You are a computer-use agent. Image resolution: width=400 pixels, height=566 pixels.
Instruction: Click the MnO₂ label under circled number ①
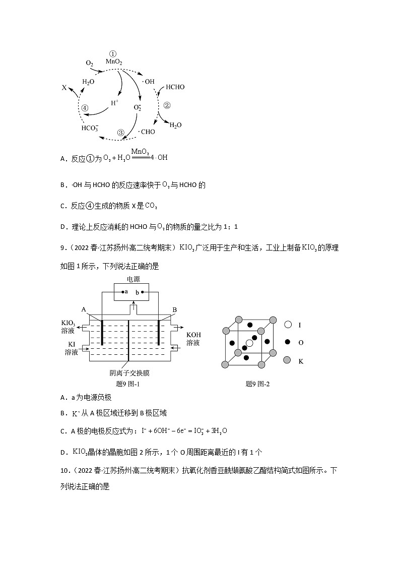click(113, 61)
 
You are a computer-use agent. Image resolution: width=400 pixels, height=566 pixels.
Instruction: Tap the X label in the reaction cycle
click(64, 88)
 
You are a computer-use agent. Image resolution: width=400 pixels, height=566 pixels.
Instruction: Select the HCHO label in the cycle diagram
click(175, 87)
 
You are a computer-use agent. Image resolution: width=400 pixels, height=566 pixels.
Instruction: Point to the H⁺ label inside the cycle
click(115, 102)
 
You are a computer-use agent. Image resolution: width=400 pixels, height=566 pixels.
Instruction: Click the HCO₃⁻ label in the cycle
click(90, 128)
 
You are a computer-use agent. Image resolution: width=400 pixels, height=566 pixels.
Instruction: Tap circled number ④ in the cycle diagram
click(85, 108)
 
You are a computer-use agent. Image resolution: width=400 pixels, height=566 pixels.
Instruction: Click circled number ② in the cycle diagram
click(167, 105)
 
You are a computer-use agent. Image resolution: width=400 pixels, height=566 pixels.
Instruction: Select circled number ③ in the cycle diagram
click(120, 133)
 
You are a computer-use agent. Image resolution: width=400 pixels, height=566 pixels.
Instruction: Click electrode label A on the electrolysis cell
click(84, 309)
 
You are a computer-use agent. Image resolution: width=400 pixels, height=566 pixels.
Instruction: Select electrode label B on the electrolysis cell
click(175, 309)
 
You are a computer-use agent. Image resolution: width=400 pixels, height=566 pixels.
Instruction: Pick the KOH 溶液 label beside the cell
click(193, 339)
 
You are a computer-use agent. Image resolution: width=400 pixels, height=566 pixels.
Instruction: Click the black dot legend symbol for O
click(288, 342)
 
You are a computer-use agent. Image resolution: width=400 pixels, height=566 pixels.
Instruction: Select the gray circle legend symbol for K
click(288, 360)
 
